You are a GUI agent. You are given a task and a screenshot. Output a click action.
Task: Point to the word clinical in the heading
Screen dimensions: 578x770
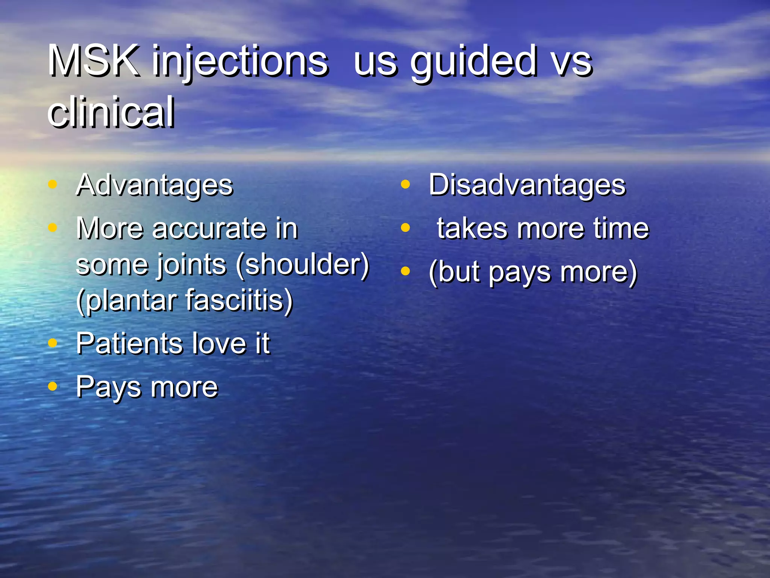[111, 112]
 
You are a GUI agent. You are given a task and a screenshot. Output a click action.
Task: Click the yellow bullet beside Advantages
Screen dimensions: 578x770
[53, 184]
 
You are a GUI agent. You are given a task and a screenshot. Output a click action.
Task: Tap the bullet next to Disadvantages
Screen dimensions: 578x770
[405, 184]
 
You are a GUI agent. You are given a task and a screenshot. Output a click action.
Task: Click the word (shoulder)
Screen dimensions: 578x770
[303, 265]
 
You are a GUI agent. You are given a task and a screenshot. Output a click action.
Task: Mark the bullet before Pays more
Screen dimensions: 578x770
[53, 386]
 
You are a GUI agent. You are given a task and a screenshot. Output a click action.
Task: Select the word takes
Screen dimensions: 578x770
[472, 229]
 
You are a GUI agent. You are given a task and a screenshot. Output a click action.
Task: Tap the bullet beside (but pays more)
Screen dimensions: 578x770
[405, 271]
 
